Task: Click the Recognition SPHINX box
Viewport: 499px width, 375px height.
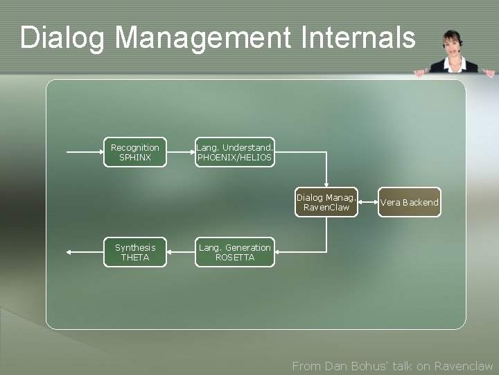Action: (x=135, y=153)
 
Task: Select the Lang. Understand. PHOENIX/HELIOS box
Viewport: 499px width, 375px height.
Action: (x=235, y=153)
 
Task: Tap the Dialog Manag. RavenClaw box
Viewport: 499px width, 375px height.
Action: (x=326, y=202)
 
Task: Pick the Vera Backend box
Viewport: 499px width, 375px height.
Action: (x=409, y=202)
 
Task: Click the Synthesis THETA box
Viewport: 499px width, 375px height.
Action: (x=135, y=252)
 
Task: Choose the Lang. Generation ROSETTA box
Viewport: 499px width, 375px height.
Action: (x=235, y=252)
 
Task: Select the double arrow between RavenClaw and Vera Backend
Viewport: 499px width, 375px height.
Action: (x=367, y=202)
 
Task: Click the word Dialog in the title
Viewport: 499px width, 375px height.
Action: (x=62, y=38)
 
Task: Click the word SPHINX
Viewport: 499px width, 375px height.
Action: (x=135, y=158)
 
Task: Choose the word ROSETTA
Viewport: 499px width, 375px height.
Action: (x=235, y=258)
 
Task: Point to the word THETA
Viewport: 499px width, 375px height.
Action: (x=135, y=258)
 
